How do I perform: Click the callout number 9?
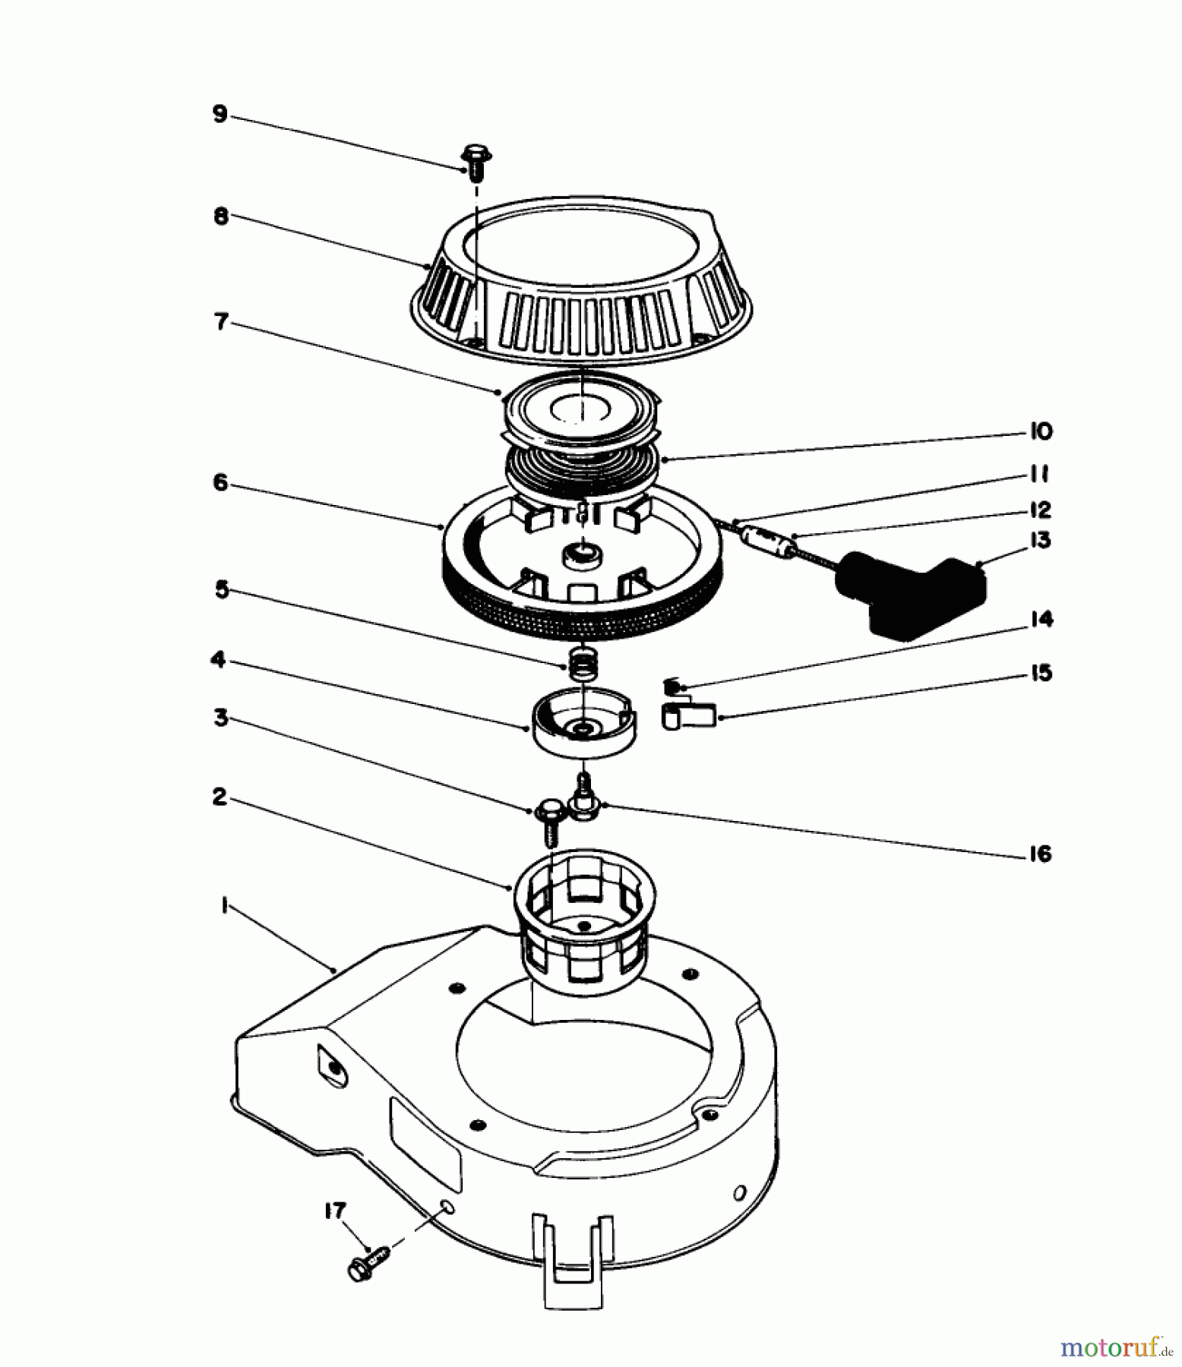(220, 115)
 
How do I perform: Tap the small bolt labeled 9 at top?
(476, 162)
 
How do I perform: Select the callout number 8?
(220, 216)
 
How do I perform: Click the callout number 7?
(221, 322)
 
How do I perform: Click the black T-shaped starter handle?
(911, 595)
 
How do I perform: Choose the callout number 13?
(1041, 541)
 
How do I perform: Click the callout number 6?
(220, 483)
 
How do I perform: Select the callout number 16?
(1040, 854)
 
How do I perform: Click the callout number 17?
(335, 1211)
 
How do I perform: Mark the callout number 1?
(224, 905)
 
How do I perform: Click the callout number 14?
(1041, 620)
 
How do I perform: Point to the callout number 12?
(1040, 510)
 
